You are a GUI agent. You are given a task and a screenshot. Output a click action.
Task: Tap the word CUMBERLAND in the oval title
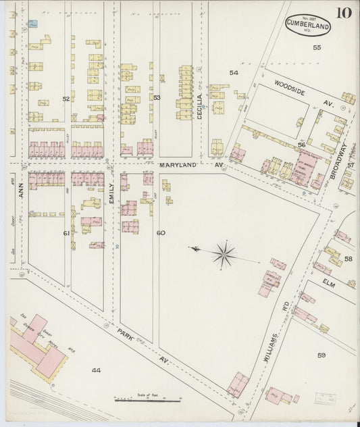coord(307,24)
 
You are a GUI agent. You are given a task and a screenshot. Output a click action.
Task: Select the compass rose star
coord(223,255)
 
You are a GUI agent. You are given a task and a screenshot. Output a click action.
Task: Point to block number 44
coord(96,370)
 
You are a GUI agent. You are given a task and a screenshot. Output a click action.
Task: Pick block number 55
coord(316,47)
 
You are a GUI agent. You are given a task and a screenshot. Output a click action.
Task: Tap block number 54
coord(234,72)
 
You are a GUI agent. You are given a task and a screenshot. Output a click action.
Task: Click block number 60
coord(161,233)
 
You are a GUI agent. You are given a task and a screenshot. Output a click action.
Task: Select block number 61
coord(66,233)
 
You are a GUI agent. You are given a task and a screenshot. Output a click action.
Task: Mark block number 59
coord(322,355)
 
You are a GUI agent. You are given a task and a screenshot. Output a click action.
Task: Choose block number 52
coord(66,99)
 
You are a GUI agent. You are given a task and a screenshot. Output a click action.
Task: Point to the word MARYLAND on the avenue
coord(176,164)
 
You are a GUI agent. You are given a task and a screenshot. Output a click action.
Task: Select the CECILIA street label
coord(200,107)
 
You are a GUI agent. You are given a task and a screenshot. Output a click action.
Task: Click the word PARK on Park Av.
coord(124,334)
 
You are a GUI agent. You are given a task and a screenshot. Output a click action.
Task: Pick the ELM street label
coord(329,276)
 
